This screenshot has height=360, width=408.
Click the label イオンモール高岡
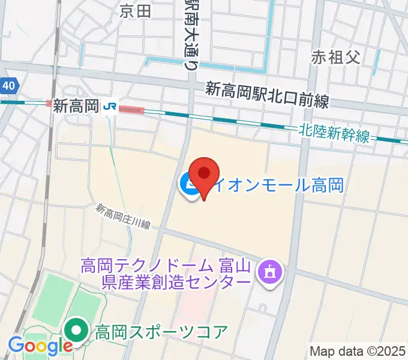(279, 185)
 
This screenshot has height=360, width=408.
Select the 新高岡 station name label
(76, 106)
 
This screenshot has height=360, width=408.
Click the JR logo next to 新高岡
(110, 106)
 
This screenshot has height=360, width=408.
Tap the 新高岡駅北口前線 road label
(267, 95)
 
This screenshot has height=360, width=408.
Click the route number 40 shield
(8, 86)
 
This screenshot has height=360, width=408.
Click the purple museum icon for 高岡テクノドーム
(269, 271)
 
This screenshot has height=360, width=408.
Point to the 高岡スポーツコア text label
(161, 331)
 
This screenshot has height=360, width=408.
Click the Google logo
(40, 346)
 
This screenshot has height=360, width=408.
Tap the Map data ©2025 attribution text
(358, 351)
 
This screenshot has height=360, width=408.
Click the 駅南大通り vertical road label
(191, 34)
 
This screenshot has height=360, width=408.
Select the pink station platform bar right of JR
(131, 109)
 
